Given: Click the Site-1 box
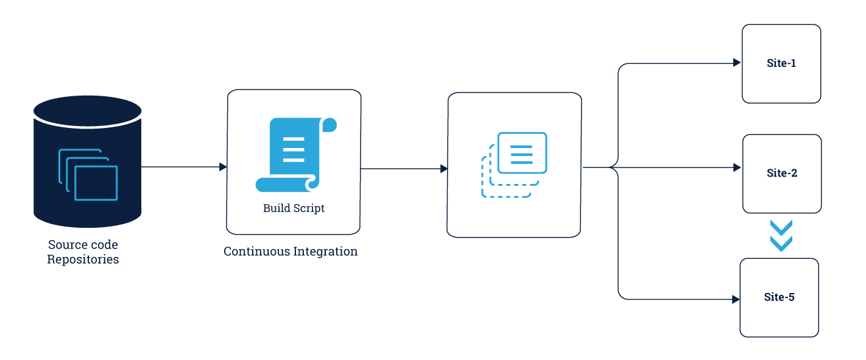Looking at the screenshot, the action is click(x=781, y=64).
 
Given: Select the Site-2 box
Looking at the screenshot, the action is click(x=782, y=174).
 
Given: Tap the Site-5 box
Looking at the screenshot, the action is click(x=780, y=298).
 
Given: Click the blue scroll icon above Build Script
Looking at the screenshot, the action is click(x=296, y=155).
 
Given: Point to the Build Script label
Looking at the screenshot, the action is click(x=294, y=208).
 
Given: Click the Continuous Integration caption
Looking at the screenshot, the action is click(x=290, y=252).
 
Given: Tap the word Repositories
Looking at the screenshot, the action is click(x=83, y=259).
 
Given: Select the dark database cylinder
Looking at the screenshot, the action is click(x=87, y=161).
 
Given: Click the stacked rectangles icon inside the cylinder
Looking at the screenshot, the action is click(x=88, y=175).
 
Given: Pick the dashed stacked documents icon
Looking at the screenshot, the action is click(x=514, y=164).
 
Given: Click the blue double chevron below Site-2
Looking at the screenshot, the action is click(x=781, y=236).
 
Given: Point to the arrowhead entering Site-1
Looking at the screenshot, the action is click(x=737, y=63).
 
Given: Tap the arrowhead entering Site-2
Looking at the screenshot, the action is click(x=737, y=168).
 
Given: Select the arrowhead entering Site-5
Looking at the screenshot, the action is click(x=736, y=299).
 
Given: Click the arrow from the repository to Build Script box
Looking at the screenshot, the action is click(x=184, y=167).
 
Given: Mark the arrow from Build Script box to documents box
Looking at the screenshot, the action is click(x=404, y=169).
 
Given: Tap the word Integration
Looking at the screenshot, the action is click(x=326, y=252).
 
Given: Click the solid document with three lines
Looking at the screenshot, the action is click(x=523, y=153).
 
